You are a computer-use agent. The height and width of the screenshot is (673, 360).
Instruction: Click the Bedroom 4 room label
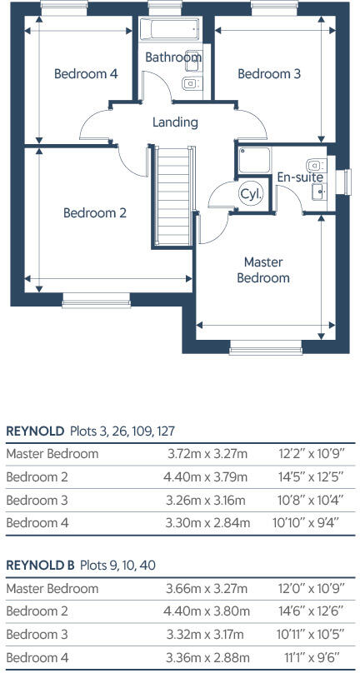(x=86, y=74)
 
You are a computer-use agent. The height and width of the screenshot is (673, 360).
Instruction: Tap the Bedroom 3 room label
(x=269, y=74)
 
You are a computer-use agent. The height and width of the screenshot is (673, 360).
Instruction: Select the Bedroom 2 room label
(x=95, y=213)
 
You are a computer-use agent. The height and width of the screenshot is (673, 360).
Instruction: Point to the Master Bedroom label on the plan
(x=263, y=270)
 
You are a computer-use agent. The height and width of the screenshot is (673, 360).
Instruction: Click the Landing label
(x=175, y=122)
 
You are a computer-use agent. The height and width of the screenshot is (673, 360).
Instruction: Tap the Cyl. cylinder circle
(x=251, y=193)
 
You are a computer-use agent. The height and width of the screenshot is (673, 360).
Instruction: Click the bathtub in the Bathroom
(x=170, y=29)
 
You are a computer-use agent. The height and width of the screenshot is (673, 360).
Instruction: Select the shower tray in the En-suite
(x=255, y=160)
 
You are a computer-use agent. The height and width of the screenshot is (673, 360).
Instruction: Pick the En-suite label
(x=300, y=177)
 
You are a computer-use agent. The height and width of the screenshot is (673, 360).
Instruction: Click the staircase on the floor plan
(x=173, y=196)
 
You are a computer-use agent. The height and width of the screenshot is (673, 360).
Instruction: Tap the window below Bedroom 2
(x=96, y=301)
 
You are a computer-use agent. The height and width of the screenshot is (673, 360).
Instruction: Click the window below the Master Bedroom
(x=266, y=347)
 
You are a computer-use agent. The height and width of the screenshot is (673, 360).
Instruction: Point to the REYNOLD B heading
(x=40, y=565)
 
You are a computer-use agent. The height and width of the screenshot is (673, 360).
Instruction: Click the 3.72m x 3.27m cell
(x=207, y=454)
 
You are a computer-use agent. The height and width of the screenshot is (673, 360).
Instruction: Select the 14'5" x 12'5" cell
(x=310, y=477)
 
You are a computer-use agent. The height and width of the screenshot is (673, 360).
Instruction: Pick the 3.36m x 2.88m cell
(x=207, y=657)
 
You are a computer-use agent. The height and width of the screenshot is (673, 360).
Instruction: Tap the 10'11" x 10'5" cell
(x=309, y=634)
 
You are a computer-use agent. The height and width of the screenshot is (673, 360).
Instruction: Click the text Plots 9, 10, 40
(x=117, y=566)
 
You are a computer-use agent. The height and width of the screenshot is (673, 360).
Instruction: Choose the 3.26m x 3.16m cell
(x=205, y=500)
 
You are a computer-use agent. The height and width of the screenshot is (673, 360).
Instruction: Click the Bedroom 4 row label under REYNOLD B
(x=37, y=657)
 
